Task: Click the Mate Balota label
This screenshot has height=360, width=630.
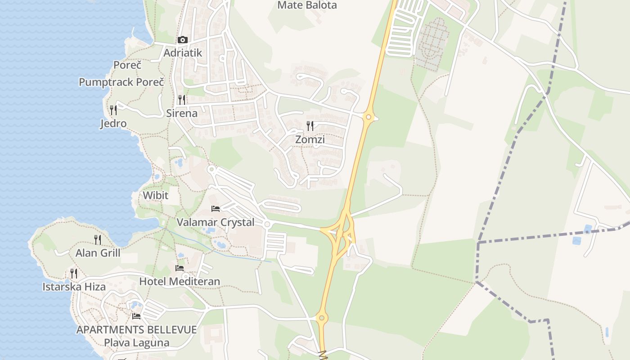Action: [x=307, y=5]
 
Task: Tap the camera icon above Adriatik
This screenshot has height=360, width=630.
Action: [x=182, y=40]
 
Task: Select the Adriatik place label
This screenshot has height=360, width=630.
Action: [x=183, y=53]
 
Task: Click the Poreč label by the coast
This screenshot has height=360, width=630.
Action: [x=127, y=65]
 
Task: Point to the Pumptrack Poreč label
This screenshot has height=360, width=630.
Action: [x=121, y=82]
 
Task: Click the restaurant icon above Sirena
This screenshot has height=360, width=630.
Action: [x=182, y=99]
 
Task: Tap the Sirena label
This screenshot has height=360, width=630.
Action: [x=182, y=113]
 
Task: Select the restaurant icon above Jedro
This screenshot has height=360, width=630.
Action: [x=113, y=110]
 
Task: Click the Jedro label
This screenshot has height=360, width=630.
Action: [x=113, y=123]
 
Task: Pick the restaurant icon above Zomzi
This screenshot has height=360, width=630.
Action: [x=310, y=126]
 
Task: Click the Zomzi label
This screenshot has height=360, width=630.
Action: [x=310, y=139]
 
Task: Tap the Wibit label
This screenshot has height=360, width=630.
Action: [x=155, y=196]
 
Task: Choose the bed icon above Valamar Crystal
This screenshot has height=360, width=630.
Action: [x=216, y=209]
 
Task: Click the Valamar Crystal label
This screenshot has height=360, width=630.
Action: [x=216, y=222]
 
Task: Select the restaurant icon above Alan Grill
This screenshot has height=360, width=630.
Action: [x=98, y=239]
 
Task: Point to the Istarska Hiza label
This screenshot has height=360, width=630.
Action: [x=74, y=287]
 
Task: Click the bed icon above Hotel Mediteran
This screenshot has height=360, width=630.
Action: [x=180, y=268]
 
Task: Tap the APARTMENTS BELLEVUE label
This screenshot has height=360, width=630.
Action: [x=136, y=329]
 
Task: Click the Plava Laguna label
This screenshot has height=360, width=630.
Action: [x=137, y=342]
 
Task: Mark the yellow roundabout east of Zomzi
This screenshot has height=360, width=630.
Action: [x=369, y=117]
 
